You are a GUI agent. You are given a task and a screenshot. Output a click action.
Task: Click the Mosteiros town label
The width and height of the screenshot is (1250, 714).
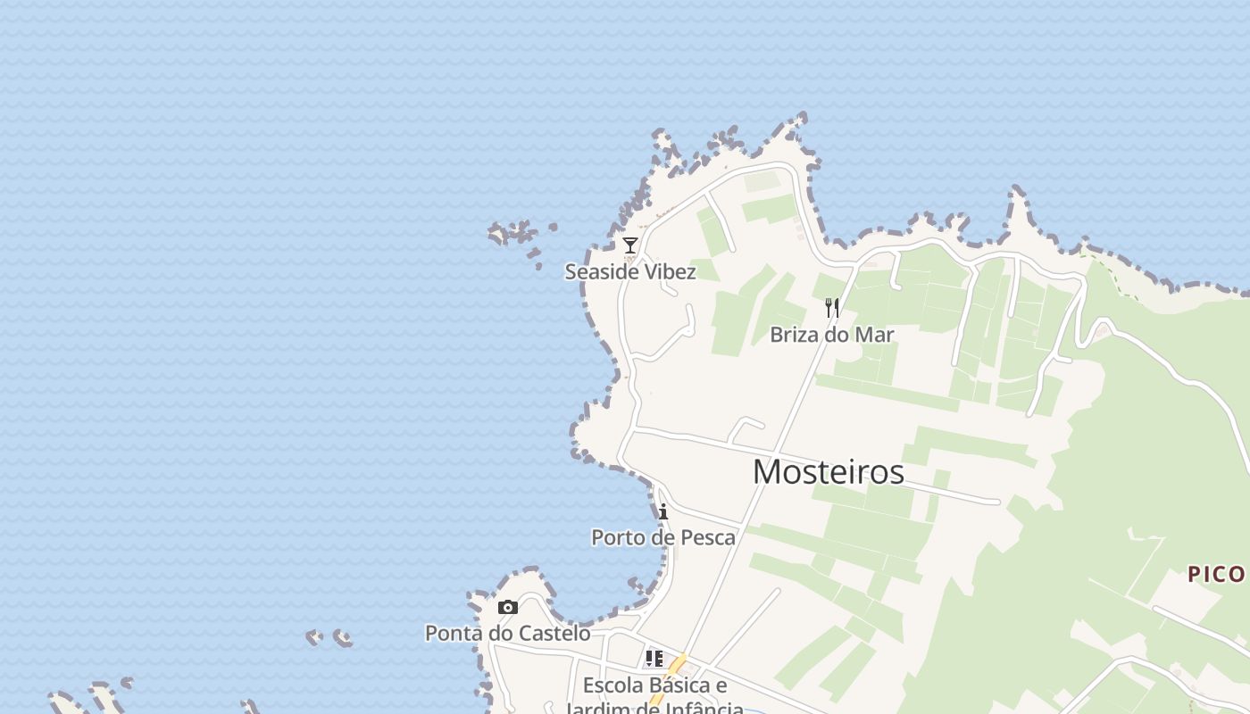(828, 472)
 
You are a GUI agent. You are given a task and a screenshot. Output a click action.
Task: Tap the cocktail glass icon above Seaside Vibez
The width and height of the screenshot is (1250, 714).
(630, 245)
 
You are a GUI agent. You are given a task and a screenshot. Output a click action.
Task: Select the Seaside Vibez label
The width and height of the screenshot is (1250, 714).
(630, 271)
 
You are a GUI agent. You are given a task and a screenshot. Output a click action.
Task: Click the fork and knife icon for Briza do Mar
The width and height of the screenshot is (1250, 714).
(832, 309)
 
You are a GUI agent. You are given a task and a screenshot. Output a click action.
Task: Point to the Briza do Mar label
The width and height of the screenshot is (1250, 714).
(832, 335)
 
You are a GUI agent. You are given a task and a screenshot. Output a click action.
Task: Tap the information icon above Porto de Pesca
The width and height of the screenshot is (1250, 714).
(663, 511)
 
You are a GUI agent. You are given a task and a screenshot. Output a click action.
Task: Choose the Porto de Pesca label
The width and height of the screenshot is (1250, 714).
(663, 537)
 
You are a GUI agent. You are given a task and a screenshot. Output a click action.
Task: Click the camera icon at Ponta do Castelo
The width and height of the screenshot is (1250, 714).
(508, 608)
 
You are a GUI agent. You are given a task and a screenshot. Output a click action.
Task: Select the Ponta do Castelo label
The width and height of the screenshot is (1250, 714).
(507, 634)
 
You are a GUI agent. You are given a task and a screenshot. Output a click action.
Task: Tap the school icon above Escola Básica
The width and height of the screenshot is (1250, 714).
(654, 659)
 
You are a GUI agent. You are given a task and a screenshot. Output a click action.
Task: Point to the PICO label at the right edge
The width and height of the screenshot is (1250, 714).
(1216, 575)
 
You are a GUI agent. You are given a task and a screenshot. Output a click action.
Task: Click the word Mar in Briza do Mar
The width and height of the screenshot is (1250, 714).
(875, 335)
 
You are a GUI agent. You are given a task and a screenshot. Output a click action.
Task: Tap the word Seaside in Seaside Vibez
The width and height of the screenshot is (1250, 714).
(596, 271)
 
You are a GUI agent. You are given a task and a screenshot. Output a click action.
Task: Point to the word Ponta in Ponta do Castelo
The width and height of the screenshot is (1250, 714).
(450, 634)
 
